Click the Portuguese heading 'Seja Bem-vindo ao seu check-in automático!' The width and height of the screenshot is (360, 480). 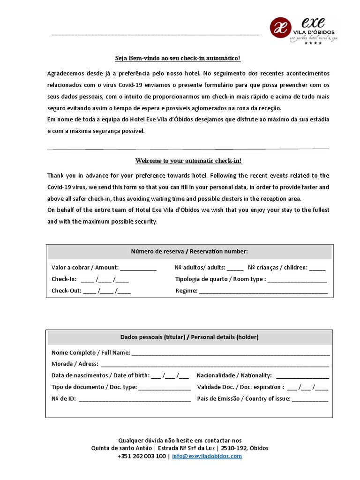click(178, 58)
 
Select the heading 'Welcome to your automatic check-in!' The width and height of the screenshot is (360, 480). click(188, 161)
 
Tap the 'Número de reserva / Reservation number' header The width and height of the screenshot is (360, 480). click(189, 252)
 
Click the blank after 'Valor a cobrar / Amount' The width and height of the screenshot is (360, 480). click(138, 269)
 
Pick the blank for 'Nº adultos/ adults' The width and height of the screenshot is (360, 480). click(235, 269)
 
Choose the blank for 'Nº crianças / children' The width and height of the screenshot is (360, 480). click(317, 269)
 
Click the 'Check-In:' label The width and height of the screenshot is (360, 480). click(64, 279)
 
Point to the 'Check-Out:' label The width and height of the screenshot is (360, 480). click(67, 291)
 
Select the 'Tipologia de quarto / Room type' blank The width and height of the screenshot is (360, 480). click(297, 280)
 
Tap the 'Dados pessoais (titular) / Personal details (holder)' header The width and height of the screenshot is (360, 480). click(189, 337)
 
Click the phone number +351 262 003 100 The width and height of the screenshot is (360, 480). click(142, 456)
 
